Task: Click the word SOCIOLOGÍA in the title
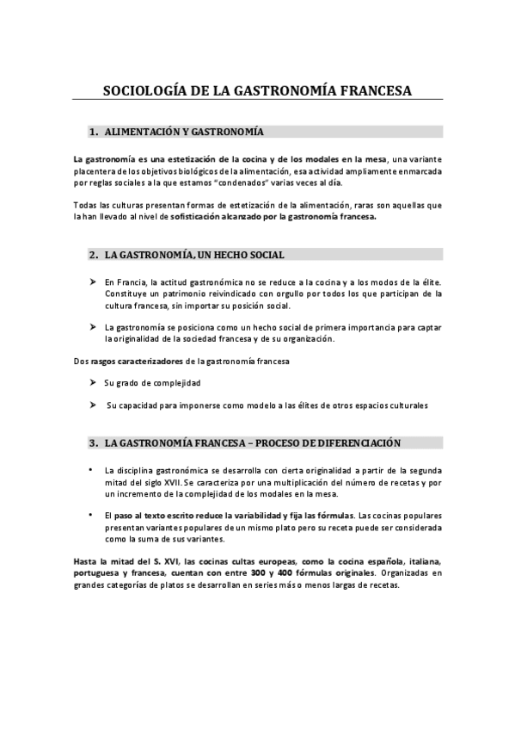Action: click(143, 90)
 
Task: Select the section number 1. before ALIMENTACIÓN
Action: click(94, 132)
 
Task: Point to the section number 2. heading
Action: click(94, 255)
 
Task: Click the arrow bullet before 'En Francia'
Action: click(93, 281)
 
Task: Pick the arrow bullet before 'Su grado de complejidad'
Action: click(93, 381)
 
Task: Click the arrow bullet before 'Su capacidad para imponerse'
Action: click(93, 405)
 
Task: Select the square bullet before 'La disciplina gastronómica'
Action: click(91, 471)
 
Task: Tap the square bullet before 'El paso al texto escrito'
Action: click(91, 514)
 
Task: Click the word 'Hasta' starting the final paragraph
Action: click(85, 560)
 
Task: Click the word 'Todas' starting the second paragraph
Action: click(86, 206)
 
